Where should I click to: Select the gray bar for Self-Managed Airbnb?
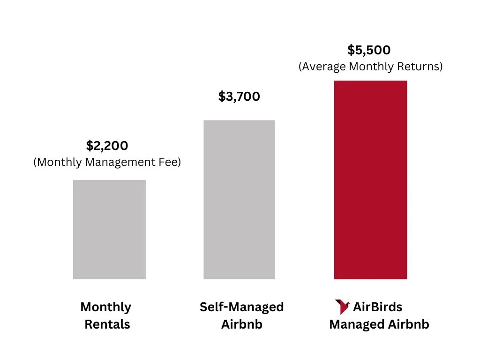click(239, 199)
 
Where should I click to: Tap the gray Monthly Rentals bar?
click(109, 229)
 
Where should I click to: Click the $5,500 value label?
click(369, 50)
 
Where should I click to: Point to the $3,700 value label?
click(239, 97)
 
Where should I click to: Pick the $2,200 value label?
click(107, 146)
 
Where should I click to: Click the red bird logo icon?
click(342, 307)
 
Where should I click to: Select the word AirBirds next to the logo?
click(377, 307)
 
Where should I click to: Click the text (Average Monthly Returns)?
click(370, 67)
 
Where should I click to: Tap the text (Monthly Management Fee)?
click(107, 162)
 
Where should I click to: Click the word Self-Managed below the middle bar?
click(241, 307)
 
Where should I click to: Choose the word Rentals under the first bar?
click(107, 324)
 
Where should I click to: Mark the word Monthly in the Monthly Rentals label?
click(105, 307)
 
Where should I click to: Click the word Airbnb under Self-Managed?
click(241, 324)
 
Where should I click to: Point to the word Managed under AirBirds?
click(354, 324)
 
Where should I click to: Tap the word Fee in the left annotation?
click(169, 162)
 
